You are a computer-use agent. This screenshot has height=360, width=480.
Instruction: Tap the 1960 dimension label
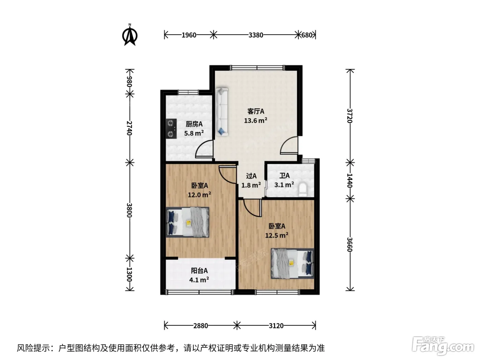pos(189,35)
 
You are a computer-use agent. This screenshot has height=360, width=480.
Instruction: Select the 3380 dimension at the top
pos(256,35)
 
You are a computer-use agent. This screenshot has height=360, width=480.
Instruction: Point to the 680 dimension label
pos(307,35)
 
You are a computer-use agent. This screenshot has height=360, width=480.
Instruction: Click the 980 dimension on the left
pos(130,82)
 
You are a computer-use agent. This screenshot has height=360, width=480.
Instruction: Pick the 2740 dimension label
pos(130,128)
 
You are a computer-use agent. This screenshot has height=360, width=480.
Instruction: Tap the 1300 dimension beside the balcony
pos(130,274)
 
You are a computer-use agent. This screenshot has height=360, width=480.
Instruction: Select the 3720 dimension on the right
pos(350,116)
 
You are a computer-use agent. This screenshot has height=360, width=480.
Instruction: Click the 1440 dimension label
pos(350,181)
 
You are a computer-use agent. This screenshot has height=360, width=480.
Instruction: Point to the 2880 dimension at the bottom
pos(200,326)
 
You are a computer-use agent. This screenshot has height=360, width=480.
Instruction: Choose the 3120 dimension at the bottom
pos(276,326)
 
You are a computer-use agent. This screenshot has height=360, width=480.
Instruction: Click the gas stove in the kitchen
pos(171,129)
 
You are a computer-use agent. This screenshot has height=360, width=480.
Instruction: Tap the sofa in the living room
pos(222,112)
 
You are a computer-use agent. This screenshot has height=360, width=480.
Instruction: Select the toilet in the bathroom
pos(303,190)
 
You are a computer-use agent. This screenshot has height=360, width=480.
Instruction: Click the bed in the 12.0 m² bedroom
pos(188,222)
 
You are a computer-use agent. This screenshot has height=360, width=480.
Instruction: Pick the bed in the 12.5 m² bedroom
pos(292,263)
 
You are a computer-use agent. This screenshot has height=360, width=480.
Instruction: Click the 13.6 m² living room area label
pos(255,120)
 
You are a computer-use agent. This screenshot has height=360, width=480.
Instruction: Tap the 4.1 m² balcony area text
pos(199,280)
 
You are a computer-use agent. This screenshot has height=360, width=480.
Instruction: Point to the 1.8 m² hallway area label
pos(251,185)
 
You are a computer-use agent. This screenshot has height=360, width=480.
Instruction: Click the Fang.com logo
pos(443,346)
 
